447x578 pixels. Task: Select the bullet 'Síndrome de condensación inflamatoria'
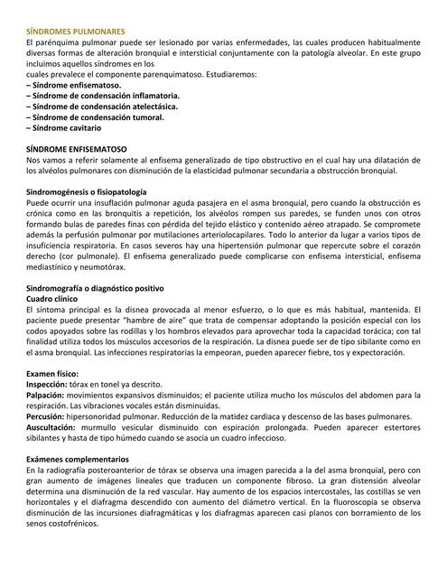point(103,95)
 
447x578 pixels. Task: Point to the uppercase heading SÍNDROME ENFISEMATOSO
point(78,148)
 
